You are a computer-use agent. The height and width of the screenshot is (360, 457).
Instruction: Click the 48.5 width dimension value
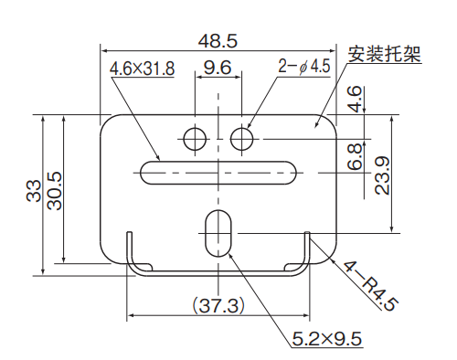[x=218, y=41]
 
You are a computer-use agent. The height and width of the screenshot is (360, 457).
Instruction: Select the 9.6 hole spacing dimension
[x=218, y=68]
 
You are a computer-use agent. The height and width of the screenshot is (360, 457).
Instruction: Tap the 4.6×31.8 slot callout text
[x=142, y=69]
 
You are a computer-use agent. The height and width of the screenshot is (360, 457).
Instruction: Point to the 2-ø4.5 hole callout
[x=304, y=66]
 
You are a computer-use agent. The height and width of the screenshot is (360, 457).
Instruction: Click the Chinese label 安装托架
[x=384, y=54]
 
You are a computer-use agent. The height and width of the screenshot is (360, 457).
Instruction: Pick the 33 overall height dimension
[x=34, y=191]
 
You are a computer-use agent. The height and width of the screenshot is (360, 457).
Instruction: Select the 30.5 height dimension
[x=55, y=191]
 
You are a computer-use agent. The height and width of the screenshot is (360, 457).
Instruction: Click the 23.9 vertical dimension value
[x=382, y=175]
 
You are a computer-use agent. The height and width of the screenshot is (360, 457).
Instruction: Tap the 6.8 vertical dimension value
[x=355, y=157]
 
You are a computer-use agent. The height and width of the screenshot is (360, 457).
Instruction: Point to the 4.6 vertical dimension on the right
[x=355, y=100]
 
